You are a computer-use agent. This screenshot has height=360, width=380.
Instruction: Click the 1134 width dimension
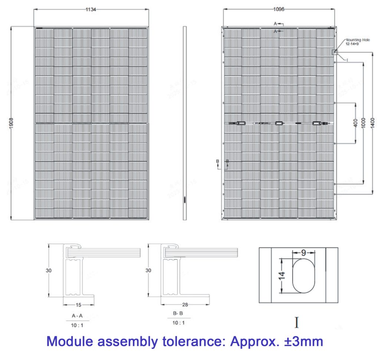click(x=91, y=10)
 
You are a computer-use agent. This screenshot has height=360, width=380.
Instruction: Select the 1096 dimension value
click(x=279, y=10)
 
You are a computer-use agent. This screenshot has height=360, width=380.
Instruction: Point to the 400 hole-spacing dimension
click(x=356, y=123)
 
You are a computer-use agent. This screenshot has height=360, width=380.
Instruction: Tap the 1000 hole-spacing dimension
click(x=363, y=123)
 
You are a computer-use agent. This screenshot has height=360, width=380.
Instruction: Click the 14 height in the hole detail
click(x=283, y=275)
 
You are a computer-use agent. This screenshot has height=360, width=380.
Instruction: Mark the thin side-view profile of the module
click(x=184, y=123)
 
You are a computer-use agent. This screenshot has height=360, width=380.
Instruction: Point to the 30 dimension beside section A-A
click(x=49, y=271)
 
